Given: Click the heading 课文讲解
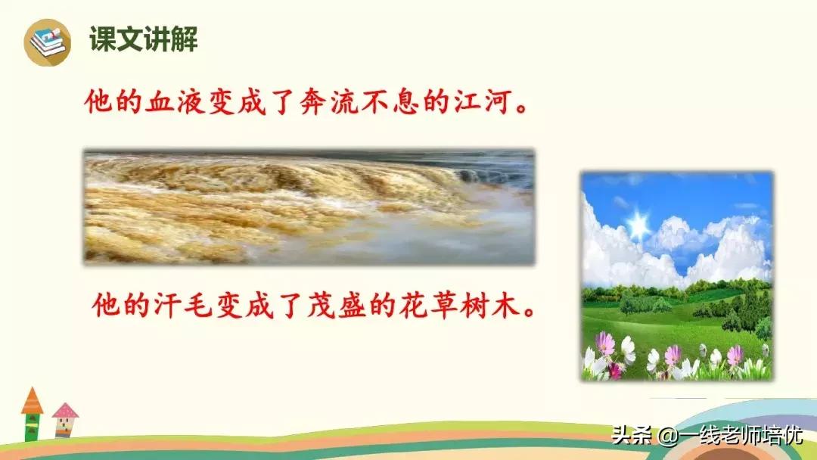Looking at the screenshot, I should (x=144, y=39).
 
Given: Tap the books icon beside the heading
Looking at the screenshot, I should (x=47, y=42).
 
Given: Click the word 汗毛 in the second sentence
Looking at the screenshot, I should (x=176, y=306).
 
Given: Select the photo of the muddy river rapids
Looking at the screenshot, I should (x=309, y=207).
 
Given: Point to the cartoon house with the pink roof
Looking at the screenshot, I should (x=65, y=421).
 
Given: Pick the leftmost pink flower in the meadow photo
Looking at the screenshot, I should (x=605, y=344).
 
